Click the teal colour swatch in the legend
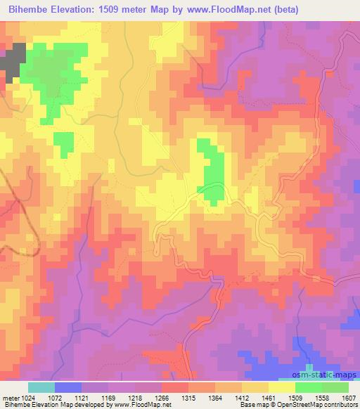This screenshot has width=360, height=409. (41, 387)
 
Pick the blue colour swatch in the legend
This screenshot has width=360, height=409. (68, 387)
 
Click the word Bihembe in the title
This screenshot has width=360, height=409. (31, 10)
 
